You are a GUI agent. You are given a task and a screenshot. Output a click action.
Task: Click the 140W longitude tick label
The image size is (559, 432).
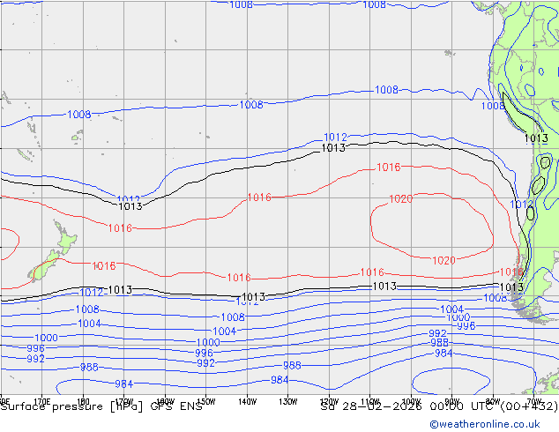tap(248, 401)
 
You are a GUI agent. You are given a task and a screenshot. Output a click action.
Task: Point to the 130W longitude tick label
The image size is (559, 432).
tap(288, 401)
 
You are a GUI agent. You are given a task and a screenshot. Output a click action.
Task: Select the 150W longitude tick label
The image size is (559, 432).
tap(206, 401)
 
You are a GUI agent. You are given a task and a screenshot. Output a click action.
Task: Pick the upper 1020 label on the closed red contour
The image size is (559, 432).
tap(400, 199)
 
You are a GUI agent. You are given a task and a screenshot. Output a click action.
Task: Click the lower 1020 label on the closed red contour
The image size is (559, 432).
tap(443, 260)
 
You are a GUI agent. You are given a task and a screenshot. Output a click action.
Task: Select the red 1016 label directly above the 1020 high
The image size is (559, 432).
tap(388, 168)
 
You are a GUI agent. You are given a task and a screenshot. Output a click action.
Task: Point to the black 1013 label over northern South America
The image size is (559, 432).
tap(535, 138)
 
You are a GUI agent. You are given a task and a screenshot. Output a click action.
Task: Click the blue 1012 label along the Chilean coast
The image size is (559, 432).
tap(521, 205)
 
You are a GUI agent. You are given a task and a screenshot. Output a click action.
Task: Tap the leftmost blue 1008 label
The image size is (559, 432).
tap(79, 115)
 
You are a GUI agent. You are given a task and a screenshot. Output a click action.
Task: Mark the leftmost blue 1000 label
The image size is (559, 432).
tap(47, 338)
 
